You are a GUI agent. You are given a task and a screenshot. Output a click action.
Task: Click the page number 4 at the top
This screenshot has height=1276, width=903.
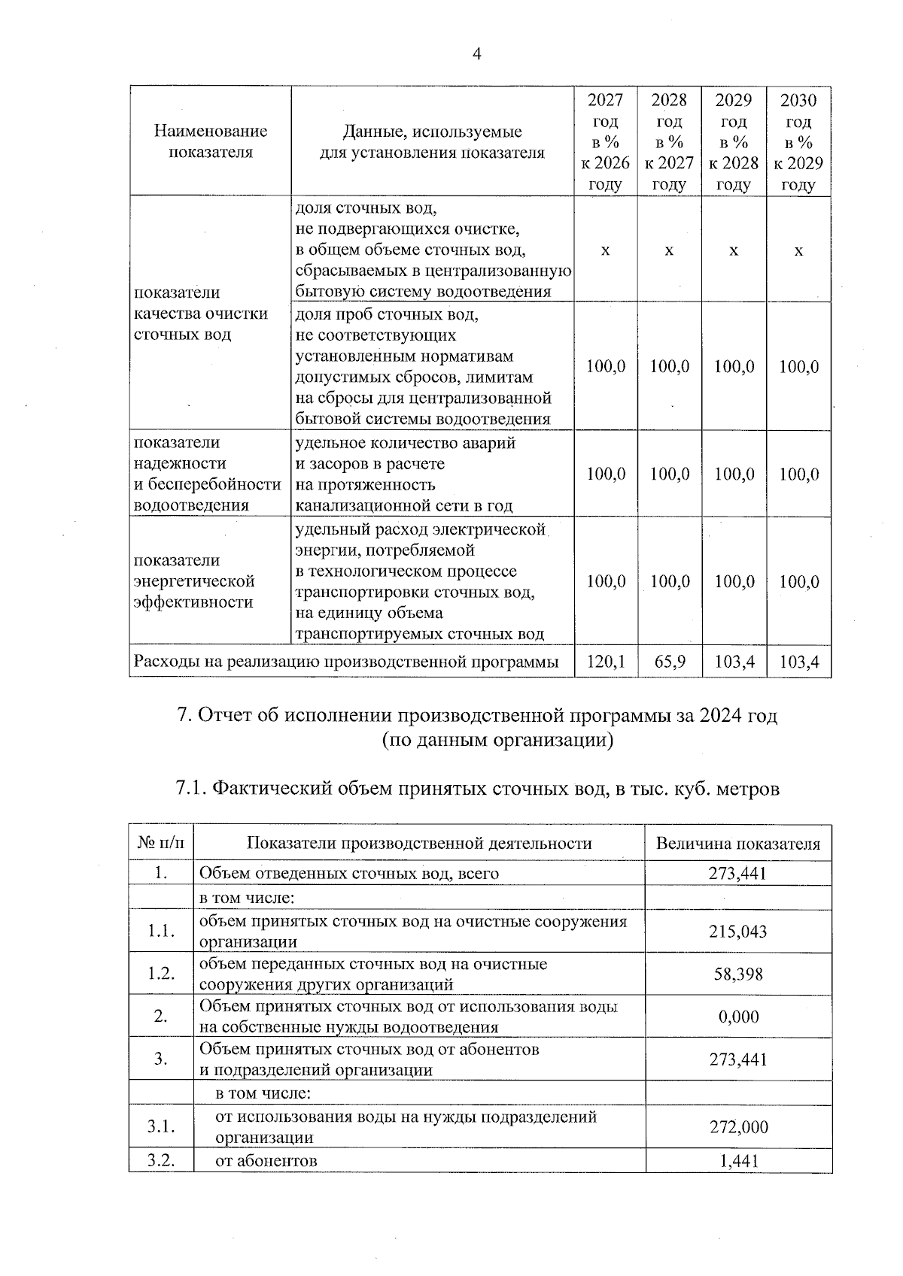[476, 53]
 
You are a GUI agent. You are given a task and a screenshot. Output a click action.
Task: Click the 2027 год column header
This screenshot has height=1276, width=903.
[605, 142]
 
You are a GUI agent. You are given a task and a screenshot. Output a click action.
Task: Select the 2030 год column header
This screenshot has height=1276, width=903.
[798, 142]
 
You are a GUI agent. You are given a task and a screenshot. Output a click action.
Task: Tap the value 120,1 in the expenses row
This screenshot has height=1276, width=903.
[605, 662]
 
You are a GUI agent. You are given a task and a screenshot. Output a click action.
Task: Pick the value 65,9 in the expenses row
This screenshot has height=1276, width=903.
[669, 662]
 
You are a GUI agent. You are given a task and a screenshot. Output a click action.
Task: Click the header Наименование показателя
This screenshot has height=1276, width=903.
[211, 141]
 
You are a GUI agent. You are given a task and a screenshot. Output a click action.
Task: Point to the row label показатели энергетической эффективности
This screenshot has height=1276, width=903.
[194, 581]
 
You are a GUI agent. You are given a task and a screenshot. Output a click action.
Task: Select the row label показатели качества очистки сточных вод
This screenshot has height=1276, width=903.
[200, 314]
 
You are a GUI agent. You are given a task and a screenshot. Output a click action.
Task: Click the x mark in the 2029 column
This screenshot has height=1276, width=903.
[734, 250]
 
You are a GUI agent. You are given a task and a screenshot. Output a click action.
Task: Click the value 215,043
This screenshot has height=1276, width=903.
[737, 932]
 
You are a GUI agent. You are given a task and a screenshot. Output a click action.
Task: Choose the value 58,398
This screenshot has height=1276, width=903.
[737, 974]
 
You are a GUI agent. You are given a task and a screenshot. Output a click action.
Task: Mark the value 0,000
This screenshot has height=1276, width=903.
[737, 1017]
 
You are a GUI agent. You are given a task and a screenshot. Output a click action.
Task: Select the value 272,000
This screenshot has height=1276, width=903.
[737, 1127]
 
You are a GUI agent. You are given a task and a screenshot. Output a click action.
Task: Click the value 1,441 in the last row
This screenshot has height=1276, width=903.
[737, 1161]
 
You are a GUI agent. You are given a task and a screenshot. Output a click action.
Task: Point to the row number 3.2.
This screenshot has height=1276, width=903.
[161, 1161]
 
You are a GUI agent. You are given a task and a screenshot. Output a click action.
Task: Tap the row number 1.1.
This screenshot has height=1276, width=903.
[161, 932]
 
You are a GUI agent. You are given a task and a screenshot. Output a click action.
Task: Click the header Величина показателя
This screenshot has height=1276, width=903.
[737, 844]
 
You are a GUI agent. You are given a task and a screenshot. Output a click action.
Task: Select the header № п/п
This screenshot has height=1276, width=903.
[161, 844]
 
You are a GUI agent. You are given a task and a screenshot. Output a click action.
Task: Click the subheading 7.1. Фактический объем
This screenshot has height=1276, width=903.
[477, 789]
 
